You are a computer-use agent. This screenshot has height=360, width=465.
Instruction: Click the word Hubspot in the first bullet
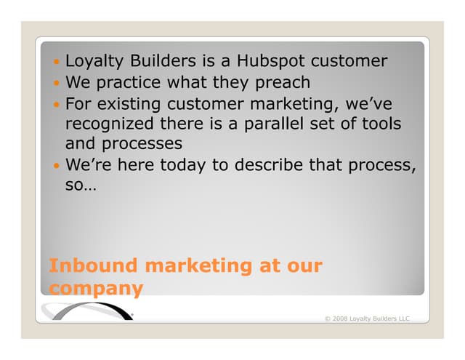(x=277, y=62)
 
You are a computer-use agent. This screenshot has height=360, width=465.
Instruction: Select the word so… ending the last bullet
(x=81, y=185)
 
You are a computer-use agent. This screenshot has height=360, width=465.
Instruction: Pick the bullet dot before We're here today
(x=57, y=166)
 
